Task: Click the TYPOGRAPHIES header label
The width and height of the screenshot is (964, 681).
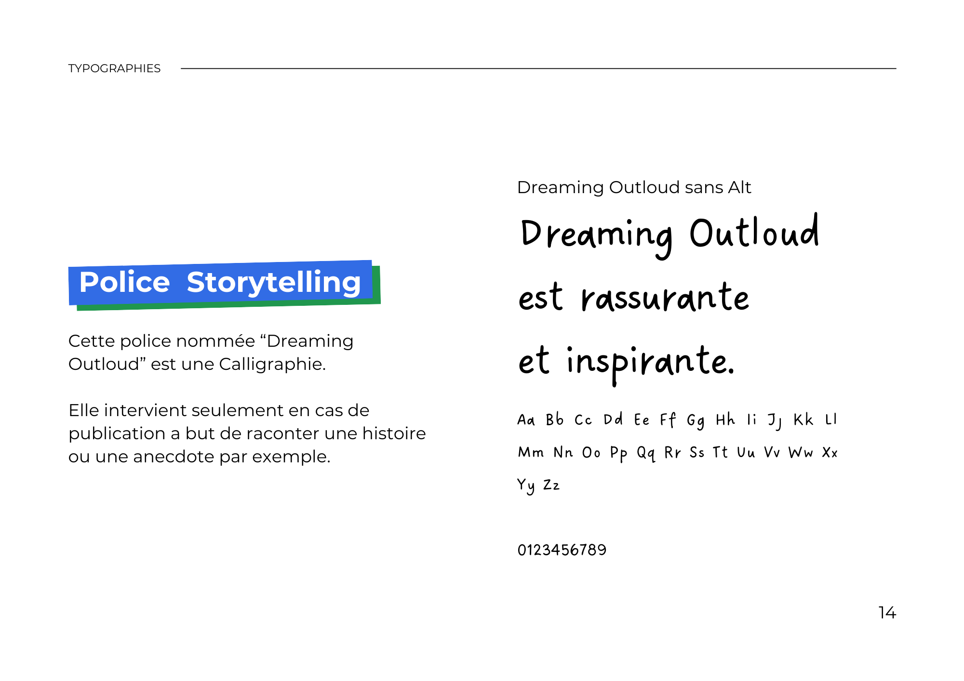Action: (x=114, y=68)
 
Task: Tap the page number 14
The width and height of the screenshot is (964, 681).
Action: (x=887, y=613)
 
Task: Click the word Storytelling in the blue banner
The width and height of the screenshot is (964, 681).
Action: (x=274, y=283)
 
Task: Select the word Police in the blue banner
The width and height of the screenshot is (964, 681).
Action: (x=124, y=282)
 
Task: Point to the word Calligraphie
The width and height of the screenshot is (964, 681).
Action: (x=272, y=365)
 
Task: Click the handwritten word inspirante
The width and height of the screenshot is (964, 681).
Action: (x=651, y=364)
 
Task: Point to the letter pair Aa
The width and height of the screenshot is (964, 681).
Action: (x=526, y=420)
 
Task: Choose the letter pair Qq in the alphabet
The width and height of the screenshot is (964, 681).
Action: (x=646, y=453)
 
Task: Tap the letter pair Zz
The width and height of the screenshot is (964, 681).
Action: (x=551, y=485)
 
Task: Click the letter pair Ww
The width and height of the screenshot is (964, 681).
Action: (x=801, y=453)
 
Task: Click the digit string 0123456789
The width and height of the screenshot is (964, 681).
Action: (x=562, y=550)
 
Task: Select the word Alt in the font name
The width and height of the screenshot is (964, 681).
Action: (x=739, y=187)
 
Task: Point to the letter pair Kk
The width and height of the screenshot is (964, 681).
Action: (x=803, y=419)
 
